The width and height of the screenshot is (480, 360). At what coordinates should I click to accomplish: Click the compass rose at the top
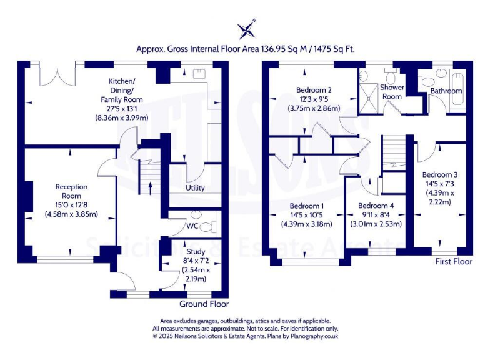(x=246, y=29)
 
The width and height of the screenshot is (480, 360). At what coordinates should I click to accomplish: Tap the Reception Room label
(x=71, y=187)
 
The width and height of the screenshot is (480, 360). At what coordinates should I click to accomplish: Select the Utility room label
(x=196, y=188)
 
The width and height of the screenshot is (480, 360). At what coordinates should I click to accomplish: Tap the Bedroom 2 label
(x=313, y=89)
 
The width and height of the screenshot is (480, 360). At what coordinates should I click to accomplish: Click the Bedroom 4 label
(x=376, y=206)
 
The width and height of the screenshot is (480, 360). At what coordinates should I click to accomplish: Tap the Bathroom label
(x=446, y=91)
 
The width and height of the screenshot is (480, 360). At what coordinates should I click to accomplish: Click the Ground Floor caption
(x=204, y=304)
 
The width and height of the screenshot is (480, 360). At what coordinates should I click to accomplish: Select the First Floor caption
(x=453, y=261)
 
